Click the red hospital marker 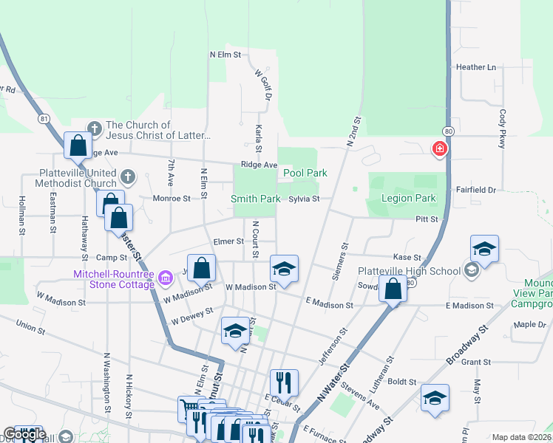[440, 149]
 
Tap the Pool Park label [305, 173]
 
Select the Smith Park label [255, 199]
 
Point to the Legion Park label [408, 198]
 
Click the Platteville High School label [409, 271]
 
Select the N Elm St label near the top [225, 55]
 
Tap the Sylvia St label [304, 199]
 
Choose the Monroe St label [171, 198]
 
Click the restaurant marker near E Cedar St [284, 382]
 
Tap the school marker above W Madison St [284, 268]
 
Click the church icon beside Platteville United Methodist [128, 176]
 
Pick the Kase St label [407, 257]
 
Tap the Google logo [24, 435]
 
